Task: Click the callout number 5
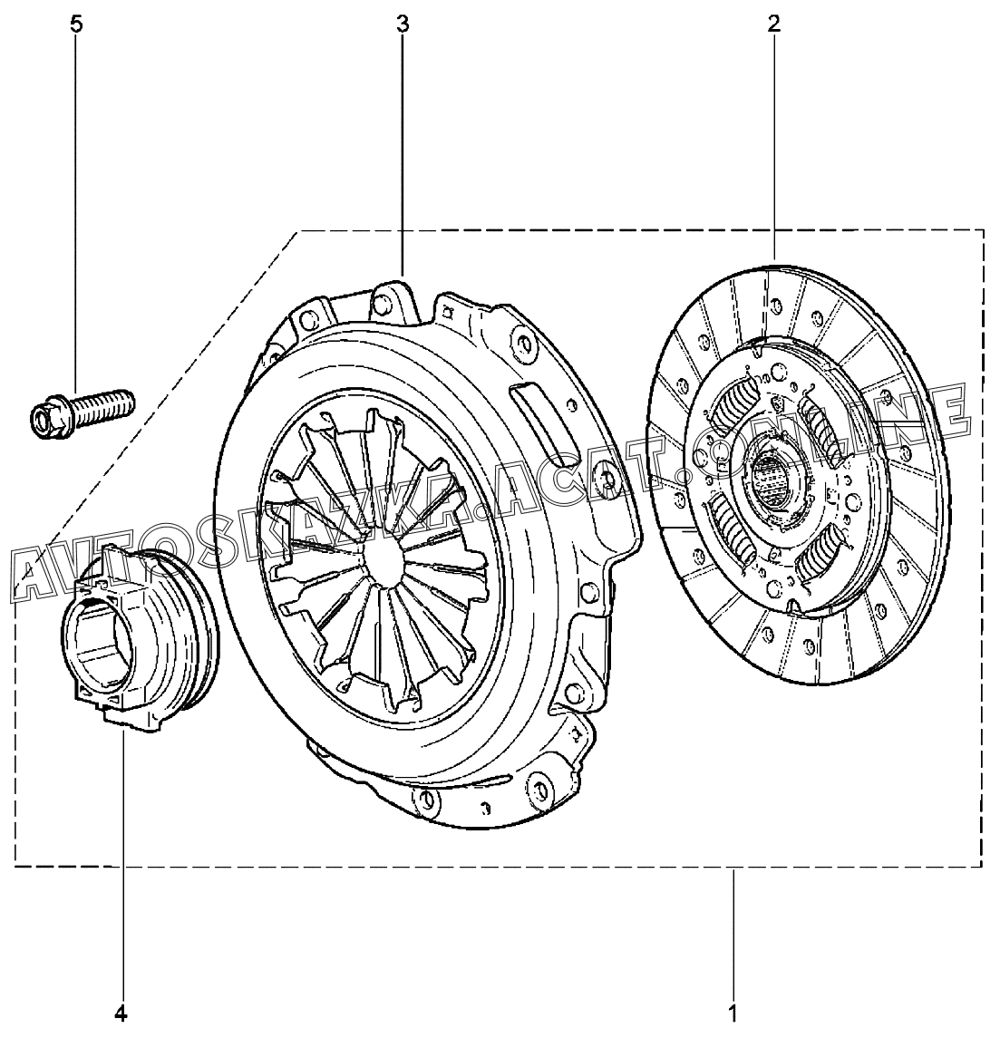[76, 25]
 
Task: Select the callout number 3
[403, 25]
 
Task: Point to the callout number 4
[121, 1013]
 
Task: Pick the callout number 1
[733, 1013]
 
